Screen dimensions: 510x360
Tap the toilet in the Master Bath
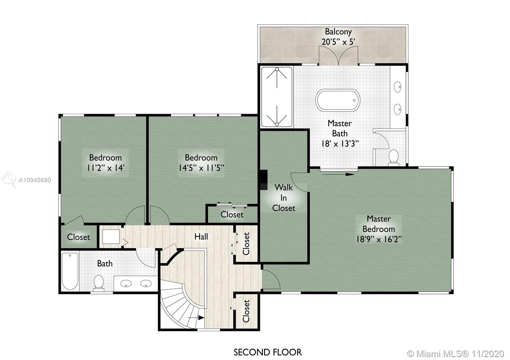[393, 157]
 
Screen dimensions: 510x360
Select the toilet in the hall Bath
[98, 283]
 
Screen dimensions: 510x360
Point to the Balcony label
[338, 32]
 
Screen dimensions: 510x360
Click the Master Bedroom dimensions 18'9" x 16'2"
[379, 239]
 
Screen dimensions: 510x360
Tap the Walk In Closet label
[284, 198]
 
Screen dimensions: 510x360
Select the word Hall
[201, 237]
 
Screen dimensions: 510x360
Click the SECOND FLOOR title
[267, 352]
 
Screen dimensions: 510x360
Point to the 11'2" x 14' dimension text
[106, 168]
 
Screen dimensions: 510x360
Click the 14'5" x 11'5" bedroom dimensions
[201, 168]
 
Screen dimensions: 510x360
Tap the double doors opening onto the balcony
[338, 56]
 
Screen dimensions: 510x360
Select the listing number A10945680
[35, 180]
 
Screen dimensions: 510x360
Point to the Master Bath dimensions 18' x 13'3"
[340, 144]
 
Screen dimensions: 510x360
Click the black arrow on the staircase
[196, 318]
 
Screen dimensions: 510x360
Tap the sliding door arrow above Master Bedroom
[339, 175]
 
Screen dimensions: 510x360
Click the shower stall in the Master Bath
[277, 97]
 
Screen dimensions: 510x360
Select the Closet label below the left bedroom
[78, 237]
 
